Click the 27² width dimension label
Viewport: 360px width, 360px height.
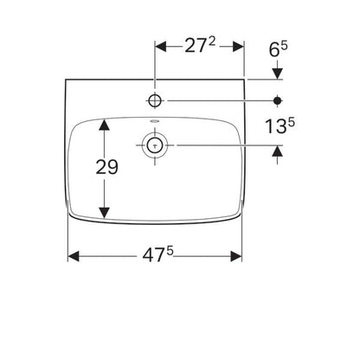pos(200,46)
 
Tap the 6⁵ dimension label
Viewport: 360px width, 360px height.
pos(279,49)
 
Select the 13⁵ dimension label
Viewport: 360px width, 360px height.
pos(280,126)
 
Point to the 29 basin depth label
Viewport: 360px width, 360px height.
pos(106,167)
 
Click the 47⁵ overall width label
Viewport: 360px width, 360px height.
pos(157,254)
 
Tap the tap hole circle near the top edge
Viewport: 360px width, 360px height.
pos(155,100)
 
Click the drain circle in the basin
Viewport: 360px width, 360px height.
pos(155,145)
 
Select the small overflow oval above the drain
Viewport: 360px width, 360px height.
pos(155,121)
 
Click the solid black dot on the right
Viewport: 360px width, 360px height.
pos(278,100)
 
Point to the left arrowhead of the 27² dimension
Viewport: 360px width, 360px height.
pos(161,47)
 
